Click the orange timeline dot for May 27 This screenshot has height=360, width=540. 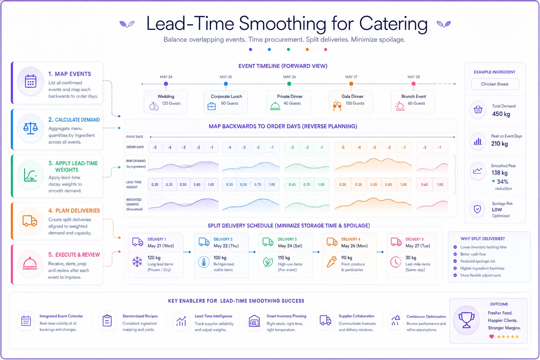[x=351, y=84]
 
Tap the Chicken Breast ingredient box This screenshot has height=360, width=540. [x=495, y=84]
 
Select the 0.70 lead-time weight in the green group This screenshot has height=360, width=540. [x=307, y=185]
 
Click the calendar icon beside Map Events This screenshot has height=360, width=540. [x=31, y=81]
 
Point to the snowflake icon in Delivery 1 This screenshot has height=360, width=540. [x=137, y=262]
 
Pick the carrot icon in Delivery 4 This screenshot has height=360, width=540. [x=332, y=262]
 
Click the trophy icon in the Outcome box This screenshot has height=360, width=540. [x=467, y=320]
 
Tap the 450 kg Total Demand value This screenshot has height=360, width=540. [x=501, y=114]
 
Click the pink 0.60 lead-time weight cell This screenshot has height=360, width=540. [x=425, y=185]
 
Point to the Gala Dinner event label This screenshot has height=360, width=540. [x=352, y=96]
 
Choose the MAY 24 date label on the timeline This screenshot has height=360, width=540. [x=166, y=77]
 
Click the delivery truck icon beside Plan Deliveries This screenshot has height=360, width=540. [x=30, y=221]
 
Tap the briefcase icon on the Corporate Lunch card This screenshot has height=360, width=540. [x=211, y=106]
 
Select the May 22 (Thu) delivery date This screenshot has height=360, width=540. [x=226, y=246]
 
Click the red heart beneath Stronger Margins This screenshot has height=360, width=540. [x=491, y=336]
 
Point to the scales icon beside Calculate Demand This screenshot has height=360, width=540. [x=30, y=128]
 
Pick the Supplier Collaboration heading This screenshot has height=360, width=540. [x=356, y=316]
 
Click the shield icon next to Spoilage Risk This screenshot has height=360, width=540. [x=477, y=209]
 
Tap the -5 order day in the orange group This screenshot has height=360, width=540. [x=342, y=147]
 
